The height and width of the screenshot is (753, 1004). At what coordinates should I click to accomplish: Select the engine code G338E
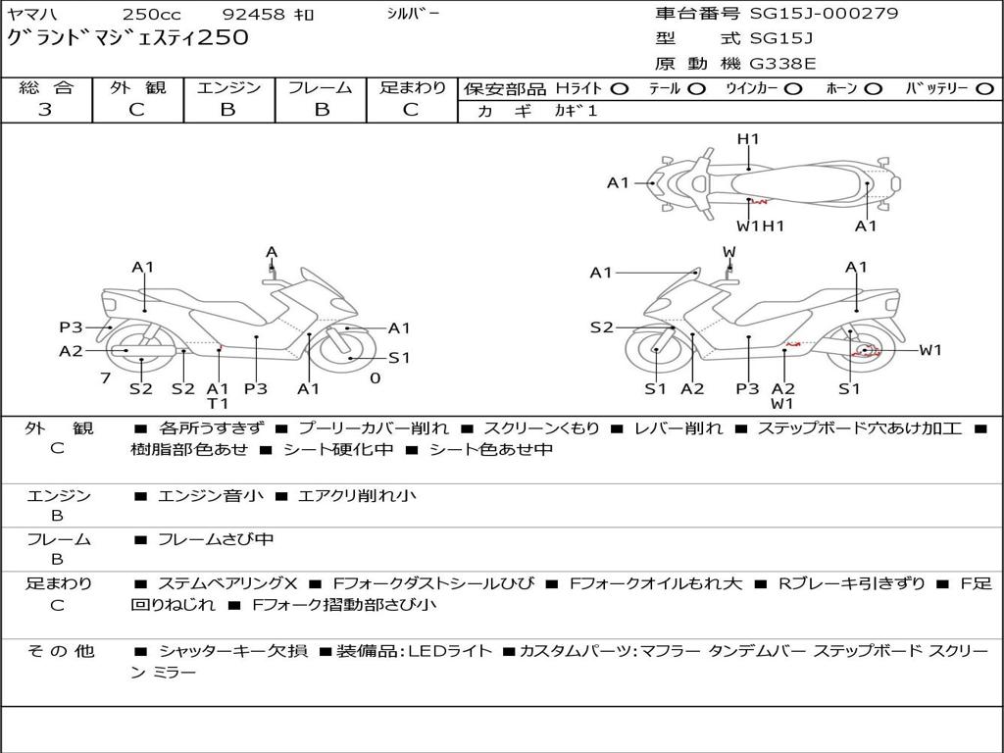[782, 65]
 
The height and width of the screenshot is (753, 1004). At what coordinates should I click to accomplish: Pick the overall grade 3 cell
[45, 110]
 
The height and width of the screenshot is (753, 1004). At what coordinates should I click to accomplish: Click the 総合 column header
[45, 87]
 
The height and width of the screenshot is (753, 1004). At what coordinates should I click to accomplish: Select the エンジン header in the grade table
[228, 87]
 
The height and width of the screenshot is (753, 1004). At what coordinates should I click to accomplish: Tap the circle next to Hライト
[620, 88]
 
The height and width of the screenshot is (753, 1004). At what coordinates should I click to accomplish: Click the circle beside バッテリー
[985, 88]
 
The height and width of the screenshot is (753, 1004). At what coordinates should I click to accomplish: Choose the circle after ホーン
[873, 88]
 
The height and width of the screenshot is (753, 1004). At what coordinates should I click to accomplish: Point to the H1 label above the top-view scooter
[748, 139]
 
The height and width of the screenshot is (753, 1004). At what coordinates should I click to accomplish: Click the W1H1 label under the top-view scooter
[761, 226]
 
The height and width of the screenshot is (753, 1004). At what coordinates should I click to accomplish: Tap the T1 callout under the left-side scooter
[218, 404]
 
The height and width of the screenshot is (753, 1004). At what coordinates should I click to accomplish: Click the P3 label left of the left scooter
[71, 327]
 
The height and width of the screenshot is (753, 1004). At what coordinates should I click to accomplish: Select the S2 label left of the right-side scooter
[601, 327]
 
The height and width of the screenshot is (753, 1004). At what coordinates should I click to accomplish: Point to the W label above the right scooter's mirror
[728, 253]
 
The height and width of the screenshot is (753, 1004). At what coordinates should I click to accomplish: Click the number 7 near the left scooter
[104, 378]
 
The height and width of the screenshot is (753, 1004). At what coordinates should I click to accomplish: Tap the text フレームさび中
[216, 539]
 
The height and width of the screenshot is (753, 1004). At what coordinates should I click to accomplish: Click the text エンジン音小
[211, 496]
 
